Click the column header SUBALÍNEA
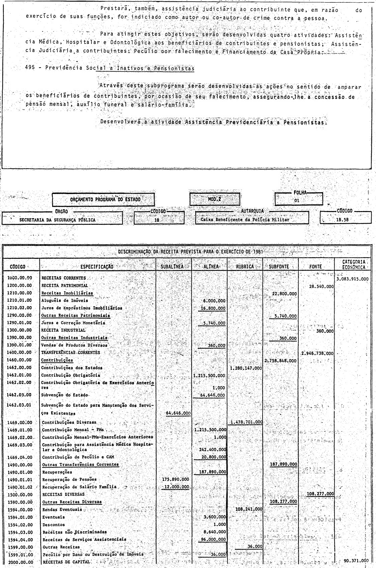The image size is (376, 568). pyautogui.click(x=174, y=267)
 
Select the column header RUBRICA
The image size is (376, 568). pyautogui.click(x=245, y=267)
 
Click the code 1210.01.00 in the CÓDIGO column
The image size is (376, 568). pyautogui.click(x=19, y=300)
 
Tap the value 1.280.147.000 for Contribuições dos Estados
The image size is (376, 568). pyautogui.click(x=246, y=368)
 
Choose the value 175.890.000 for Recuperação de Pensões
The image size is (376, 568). pyautogui.click(x=176, y=479)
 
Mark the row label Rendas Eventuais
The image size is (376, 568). pyautogui.click(x=62, y=509)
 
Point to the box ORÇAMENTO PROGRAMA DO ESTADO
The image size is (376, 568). pyautogui.click(x=103, y=200)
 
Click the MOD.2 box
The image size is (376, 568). pyautogui.click(x=215, y=199)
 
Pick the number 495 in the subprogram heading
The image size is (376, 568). pyautogui.click(x=30, y=68)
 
